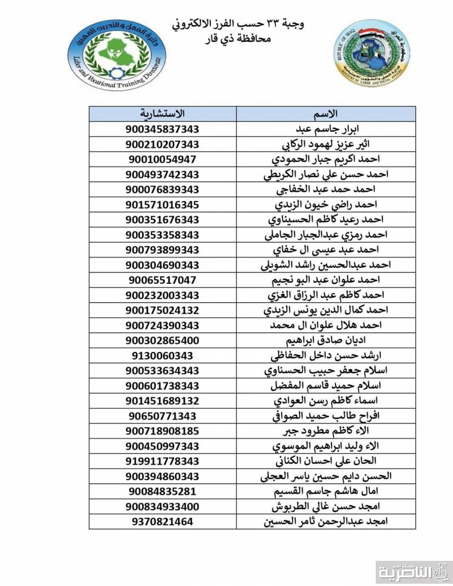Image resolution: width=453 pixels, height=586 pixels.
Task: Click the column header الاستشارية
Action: click(163, 113)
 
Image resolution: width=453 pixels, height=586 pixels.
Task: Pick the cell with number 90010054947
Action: click(163, 159)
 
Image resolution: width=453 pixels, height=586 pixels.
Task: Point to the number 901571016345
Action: click(163, 204)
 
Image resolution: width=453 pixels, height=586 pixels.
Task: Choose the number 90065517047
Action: click(163, 280)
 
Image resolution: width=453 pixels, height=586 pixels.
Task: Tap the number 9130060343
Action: click(163, 355)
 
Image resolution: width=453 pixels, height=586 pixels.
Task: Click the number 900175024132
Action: click(163, 310)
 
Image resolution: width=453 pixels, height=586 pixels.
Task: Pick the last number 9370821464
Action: click(163, 521)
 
